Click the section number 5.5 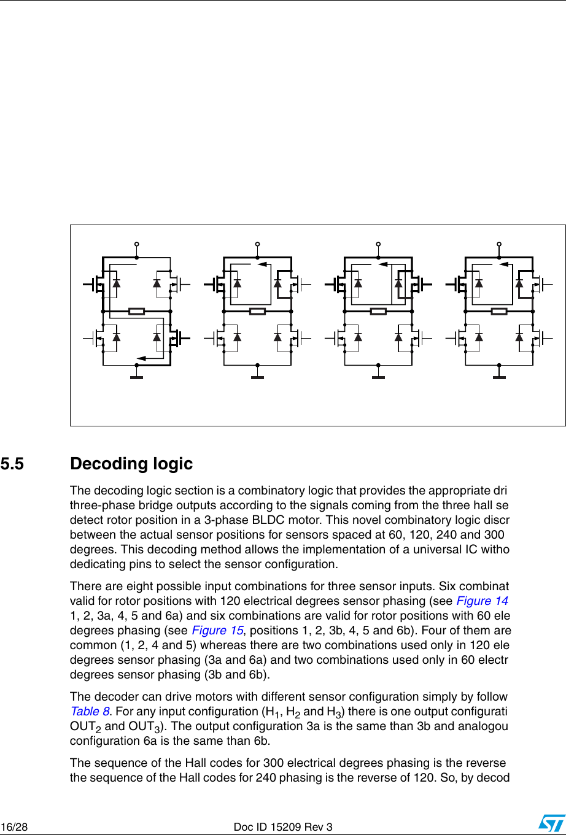12,464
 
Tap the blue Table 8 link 90,711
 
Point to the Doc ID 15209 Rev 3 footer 283,827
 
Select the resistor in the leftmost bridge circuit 136,311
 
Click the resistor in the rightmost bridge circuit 499,311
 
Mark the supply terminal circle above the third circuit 378,244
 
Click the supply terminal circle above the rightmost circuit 499,244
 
